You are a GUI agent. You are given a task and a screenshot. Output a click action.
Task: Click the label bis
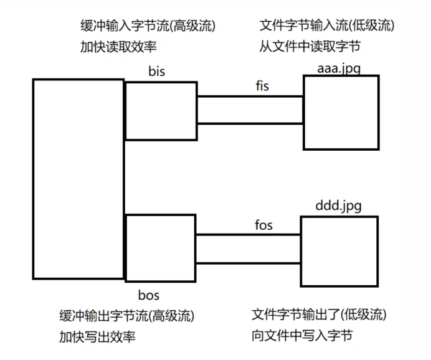coord(157,71)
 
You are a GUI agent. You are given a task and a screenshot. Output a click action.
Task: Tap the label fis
coord(262,86)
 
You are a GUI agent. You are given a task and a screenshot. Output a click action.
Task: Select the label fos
coord(263,225)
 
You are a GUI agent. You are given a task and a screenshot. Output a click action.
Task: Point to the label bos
coord(149,295)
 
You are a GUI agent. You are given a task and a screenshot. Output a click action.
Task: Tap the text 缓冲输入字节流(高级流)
coord(148,26)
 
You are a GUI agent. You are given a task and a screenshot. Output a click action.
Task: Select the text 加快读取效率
coord(118,47)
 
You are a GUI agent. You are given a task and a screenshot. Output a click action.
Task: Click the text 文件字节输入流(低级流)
coord(327,26)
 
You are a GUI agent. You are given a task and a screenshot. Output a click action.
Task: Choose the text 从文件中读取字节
coord(310,46)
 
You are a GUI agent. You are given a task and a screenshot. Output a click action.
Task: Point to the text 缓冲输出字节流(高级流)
coord(127,316)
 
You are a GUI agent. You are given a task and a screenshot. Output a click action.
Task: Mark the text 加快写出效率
coord(97,336)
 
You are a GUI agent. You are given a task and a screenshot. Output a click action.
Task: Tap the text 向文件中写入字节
coord(302,335)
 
